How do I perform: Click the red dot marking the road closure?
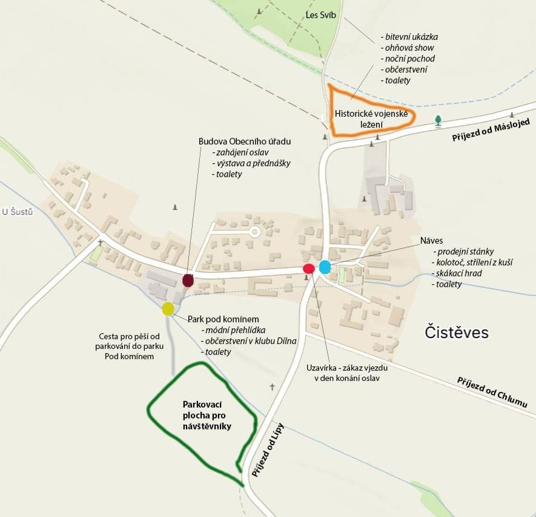tap(308, 268)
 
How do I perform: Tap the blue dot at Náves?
tap(325, 267)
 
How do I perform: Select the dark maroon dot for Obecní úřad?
tap(188, 280)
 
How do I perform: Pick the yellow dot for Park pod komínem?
tap(168, 309)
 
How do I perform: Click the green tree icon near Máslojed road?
tap(438, 121)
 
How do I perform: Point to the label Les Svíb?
tap(321, 15)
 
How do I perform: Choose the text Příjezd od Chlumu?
tap(492, 392)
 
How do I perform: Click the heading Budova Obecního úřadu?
tap(245, 141)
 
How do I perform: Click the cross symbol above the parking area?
tap(272, 386)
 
